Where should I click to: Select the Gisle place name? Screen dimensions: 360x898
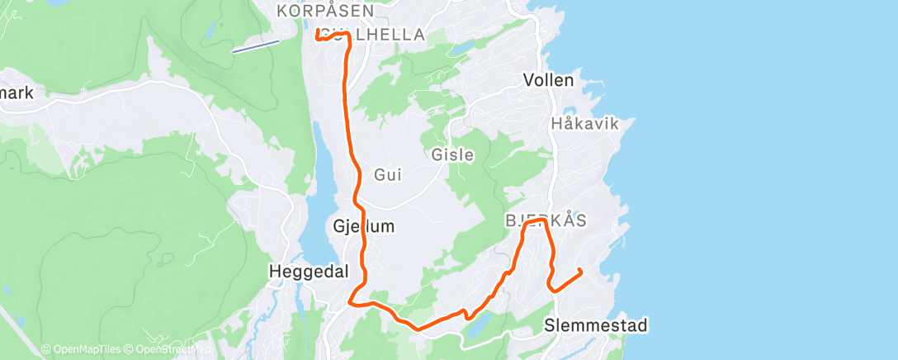[x=452, y=154]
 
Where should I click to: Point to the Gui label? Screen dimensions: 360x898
[x=387, y=174]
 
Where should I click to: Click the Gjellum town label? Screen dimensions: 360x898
[x=363, y=225]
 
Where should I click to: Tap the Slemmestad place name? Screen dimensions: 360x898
[x=596, y=325]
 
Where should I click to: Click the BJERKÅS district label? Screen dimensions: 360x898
[x=545, y=220]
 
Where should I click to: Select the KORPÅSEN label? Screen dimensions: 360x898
[x=325, y=12]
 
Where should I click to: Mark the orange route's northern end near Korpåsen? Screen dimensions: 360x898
[x=318, y=31]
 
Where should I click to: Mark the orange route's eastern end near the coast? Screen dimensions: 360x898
[x=581, y=270]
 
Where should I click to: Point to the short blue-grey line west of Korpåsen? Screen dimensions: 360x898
[x=253, y=47]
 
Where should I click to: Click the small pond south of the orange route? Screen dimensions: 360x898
[x=479, y=324]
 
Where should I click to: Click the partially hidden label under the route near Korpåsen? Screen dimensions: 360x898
[x=388, y=35]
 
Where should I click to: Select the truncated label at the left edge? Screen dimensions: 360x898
[x=17, y=93]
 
